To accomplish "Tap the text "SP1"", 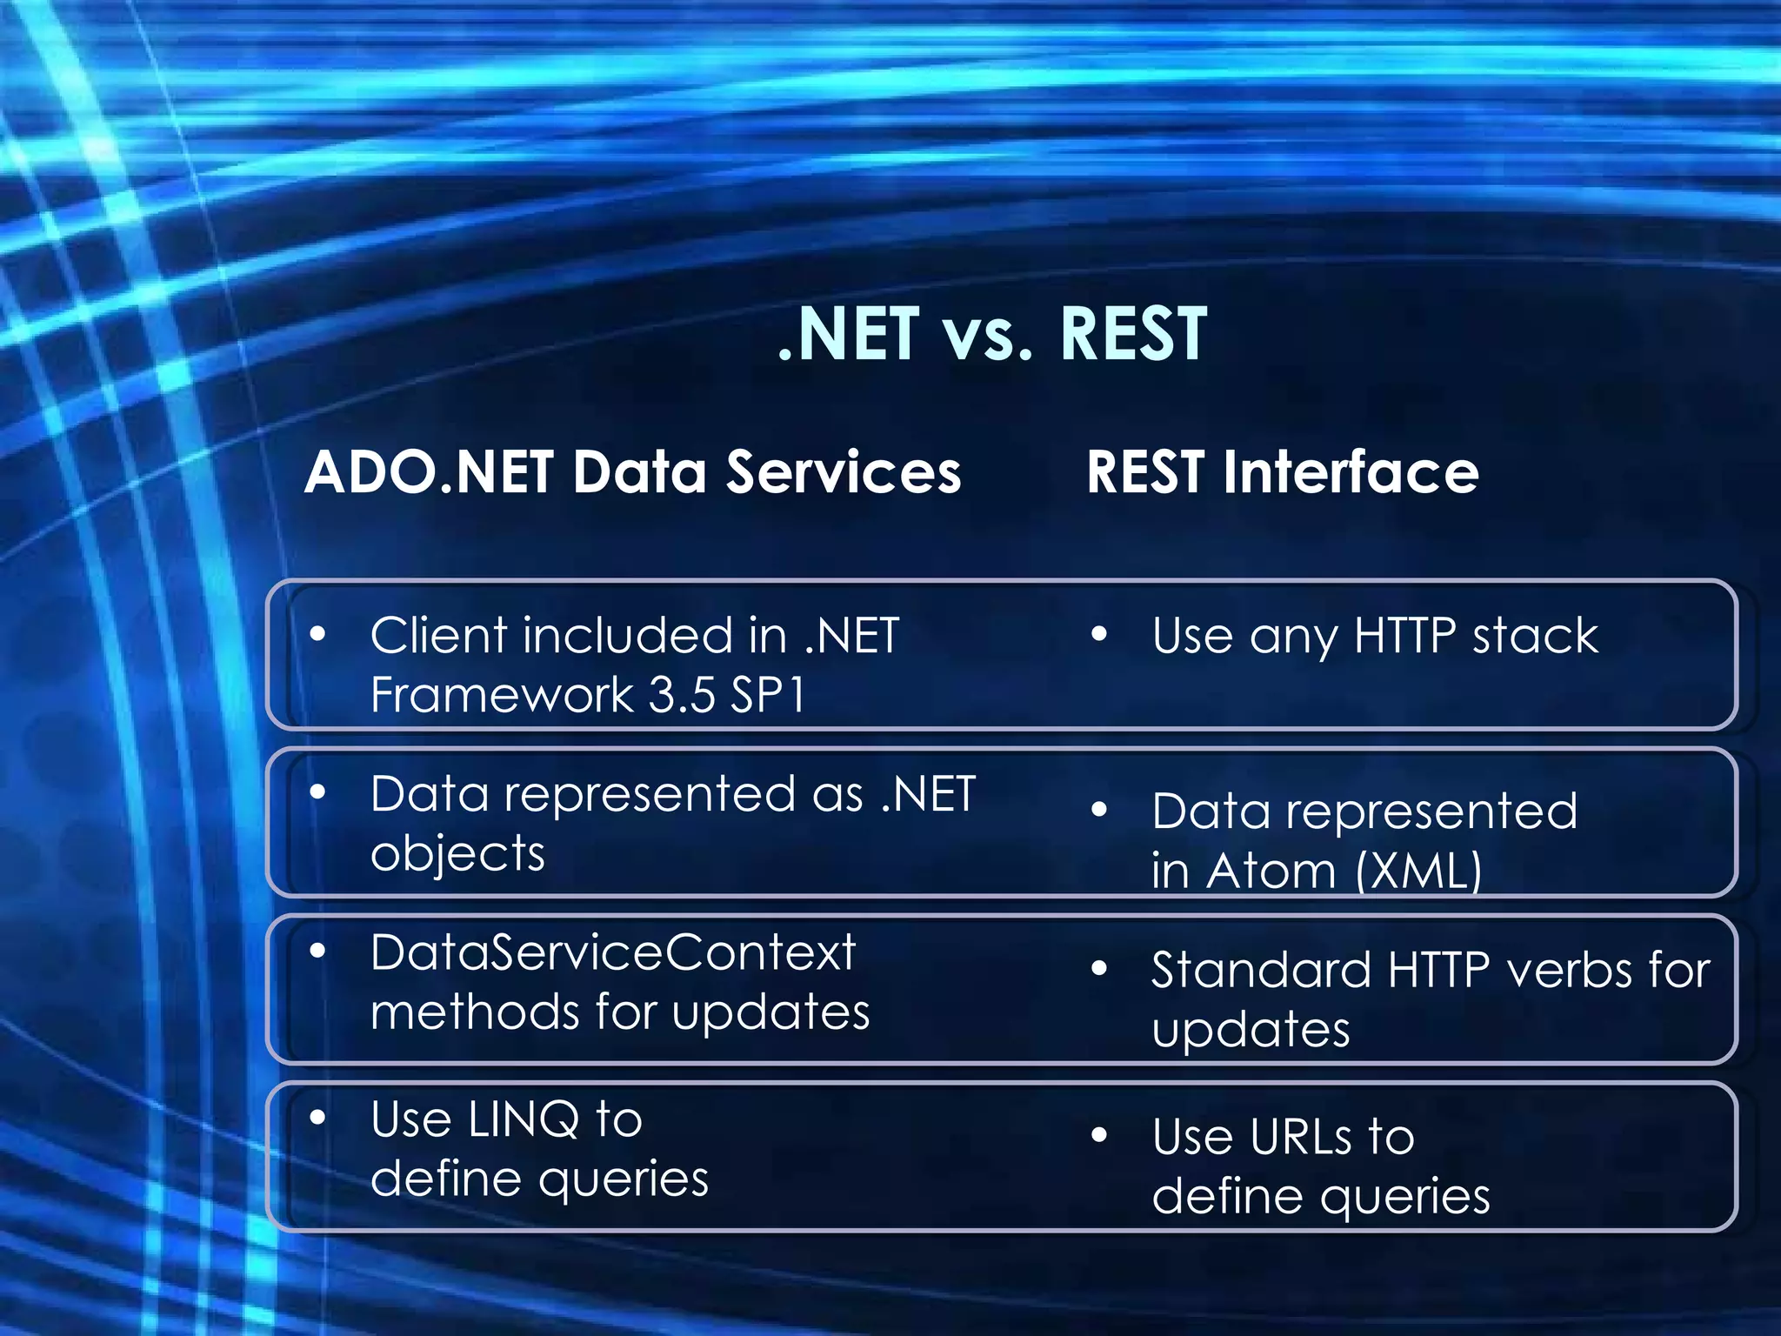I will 768,696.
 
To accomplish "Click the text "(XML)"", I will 1418,871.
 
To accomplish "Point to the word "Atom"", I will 1271,871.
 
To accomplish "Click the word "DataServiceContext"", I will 613,952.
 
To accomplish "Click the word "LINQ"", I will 523,1119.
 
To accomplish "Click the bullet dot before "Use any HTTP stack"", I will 1099,635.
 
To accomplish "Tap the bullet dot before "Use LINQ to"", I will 317,1117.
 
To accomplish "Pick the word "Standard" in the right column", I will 1260,971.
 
